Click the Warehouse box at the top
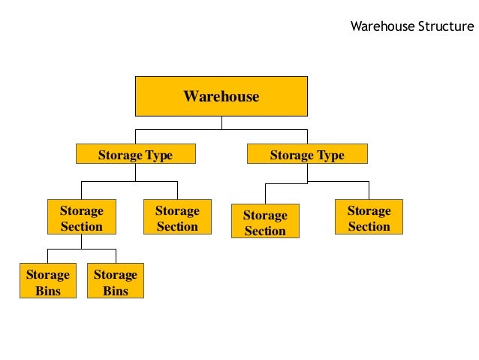221,95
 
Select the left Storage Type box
135,155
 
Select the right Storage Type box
307,155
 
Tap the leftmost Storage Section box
81,218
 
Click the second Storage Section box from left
177,218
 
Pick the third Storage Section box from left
265,222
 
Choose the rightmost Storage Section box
369,218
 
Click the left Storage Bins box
47,282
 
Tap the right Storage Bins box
115,282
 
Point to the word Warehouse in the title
382,27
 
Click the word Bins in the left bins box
47,291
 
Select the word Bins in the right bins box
115,291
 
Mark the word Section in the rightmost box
369,226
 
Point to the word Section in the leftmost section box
81,226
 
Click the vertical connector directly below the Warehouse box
221,123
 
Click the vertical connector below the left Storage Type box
135,172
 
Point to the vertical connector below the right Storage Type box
307,172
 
